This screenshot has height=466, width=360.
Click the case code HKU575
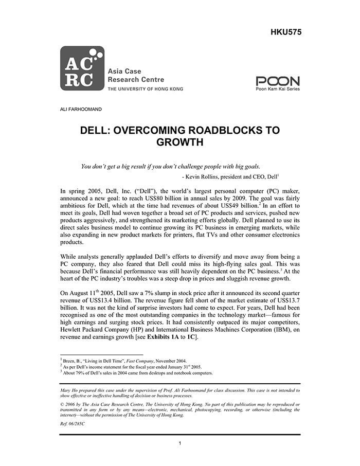[x=285, y=32]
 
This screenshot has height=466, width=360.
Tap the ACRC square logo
[x=82, y=69]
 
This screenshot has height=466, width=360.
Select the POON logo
[x=277, y=82]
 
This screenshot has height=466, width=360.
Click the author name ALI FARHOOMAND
[x=82, y=109]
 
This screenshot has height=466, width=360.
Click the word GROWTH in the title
[x=179, y=142]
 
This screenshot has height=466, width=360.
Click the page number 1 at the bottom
[x=179, y=443]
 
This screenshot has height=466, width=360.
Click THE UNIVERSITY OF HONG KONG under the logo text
[x=145, y=89]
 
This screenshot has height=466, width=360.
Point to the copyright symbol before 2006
[x=62, y=405]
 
